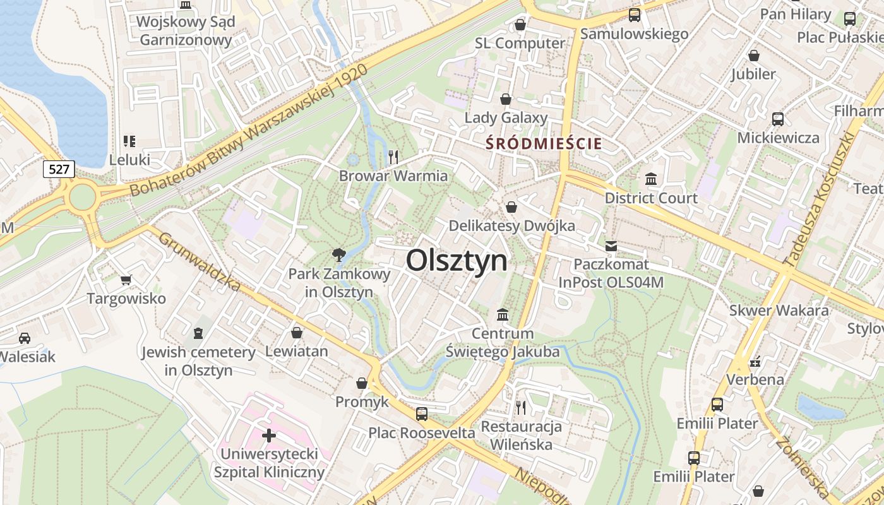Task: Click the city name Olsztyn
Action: (x=457, y=260)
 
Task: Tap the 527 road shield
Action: (x=59, y=169)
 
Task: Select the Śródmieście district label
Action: (x=544, y=143)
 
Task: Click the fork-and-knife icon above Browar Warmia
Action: (x=393, y=157)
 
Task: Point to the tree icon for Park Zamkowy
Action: (x=339, y=255)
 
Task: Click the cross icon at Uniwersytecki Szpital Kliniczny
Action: (x=269, y=435)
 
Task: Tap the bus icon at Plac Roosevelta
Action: (x=421, y=414)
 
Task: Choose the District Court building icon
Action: (x=651, y=179)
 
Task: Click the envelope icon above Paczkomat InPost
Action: (x=611, y=246)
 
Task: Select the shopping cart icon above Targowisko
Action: (x=126, y=280)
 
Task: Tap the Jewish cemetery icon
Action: (x=198, y=333)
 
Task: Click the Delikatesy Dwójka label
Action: (x=511, y=226)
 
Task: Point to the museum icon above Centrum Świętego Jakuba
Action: (x=503, y=314)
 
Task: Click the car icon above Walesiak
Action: (x=25, y=338)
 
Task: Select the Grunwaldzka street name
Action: (x=199, y=262)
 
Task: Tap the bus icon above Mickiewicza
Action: (x=778, y=119)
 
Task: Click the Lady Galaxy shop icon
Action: (x=505, y=99)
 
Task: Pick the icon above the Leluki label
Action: (x=129, y=141)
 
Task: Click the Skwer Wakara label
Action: (x=779, y=311)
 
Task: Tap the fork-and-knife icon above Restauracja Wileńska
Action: (x=521, y=408)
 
